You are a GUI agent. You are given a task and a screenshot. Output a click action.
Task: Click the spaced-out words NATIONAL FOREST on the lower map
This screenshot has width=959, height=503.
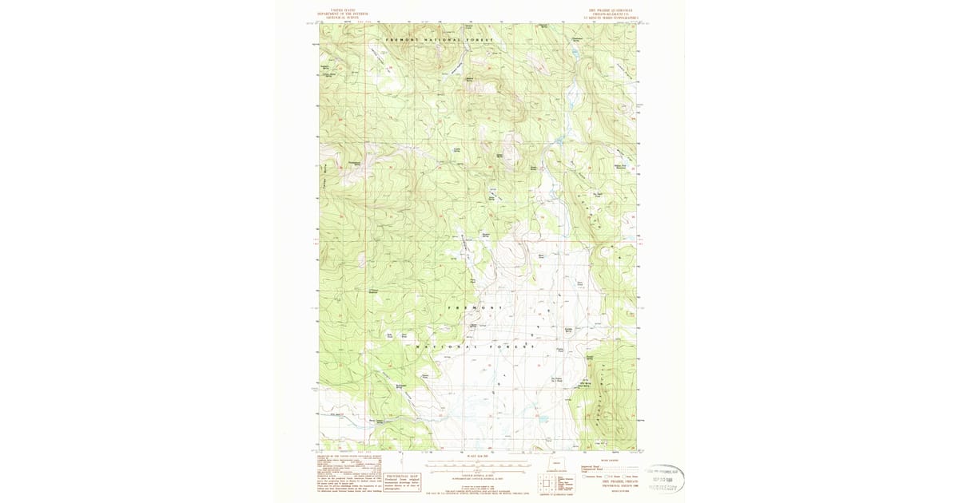click(x=475, y=347)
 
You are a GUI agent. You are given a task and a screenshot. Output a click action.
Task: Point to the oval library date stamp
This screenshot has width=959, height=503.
click(x=663, y=479)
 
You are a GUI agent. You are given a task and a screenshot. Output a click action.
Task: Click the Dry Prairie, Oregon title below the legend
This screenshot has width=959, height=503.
click(x=608, y=485)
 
